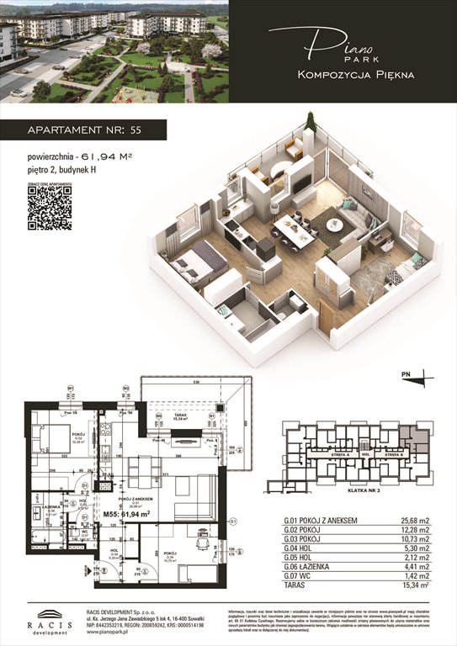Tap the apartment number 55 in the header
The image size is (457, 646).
[x=136, y=130]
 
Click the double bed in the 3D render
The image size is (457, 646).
[x=196, y=262]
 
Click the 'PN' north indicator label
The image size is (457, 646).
[x=406, y=373]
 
